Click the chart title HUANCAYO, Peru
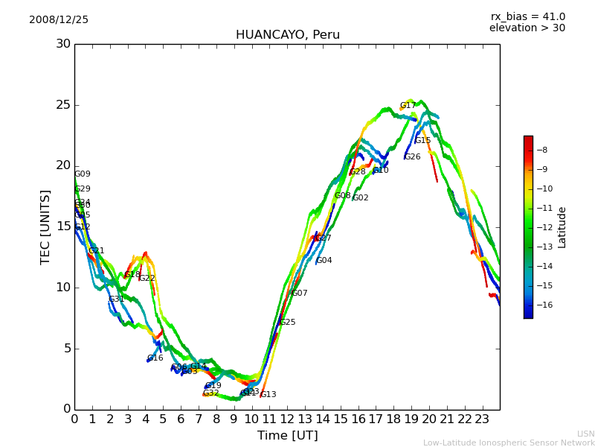pyautogui.click(x=287, y=35)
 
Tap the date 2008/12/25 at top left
pyautogui.click(x=59, y=20)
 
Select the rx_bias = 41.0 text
pyautogui.click(x=527, y=17)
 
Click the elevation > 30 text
pyautogui.click(x=527, y=28)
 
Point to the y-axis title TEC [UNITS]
pyautogui.click(x=46, y=226)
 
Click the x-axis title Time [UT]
pyautogui.click(x=287, y=436)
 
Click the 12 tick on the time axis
pyautogui.click(x=287, y=419)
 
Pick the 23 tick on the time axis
pyautogui.click(x=482, y=419)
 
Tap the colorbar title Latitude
pyautogui.click(x=562, y=227)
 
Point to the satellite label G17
pyautogui.click(x=408, y=106)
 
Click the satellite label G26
pyautogui.click(x=412, y=157)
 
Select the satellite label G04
pyautogui.click(x=324, y=261)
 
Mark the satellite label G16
pyautogui.click(x=155, y=358)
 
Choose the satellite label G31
pyautogui.click(x=116, y=299)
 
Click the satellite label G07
pyautogui.click(x=300, y=294)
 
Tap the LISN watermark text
pyautogui.click(x=585, y=434)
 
